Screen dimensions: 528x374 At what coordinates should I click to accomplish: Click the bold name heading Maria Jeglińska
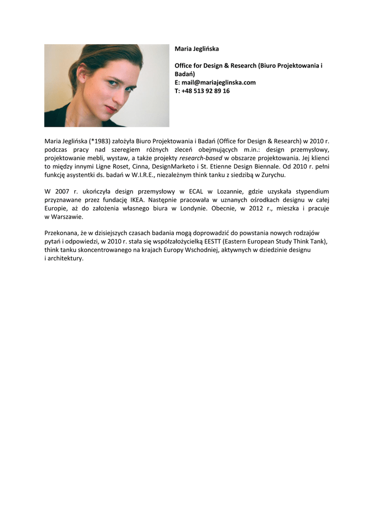(x=197, y=49)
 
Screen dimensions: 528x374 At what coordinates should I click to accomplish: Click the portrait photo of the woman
(x=107, y=86)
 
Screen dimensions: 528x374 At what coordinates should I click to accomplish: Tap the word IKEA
(x=136, y=200)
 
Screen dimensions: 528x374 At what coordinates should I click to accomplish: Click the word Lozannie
(x=227, y=192)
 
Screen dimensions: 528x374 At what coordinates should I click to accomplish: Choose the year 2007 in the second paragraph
(x=62, y=192)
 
